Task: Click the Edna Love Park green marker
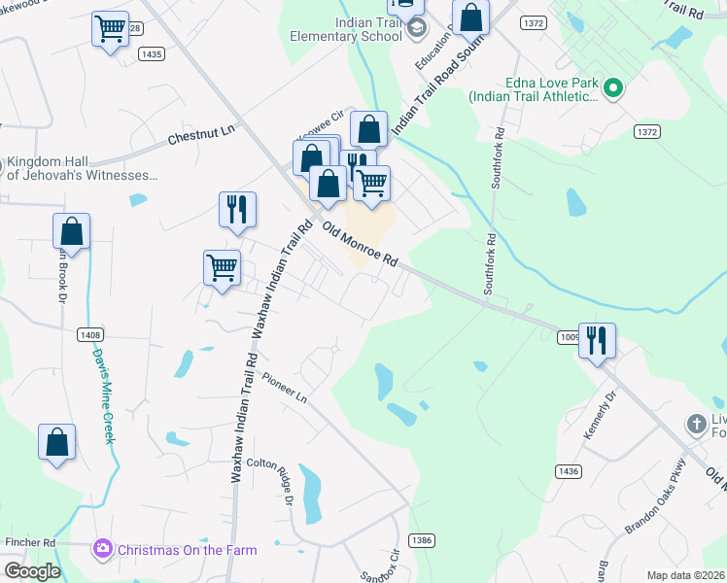point(612,89)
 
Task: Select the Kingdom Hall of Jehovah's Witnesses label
point(82,169)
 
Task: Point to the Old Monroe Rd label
point(361,246)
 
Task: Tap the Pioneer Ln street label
point(284,390)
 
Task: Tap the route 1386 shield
point(421,540)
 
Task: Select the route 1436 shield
point(569,470)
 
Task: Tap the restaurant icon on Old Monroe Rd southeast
point(597,340)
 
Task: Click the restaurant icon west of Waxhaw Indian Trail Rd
point(237,209)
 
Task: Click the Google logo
point(31,571)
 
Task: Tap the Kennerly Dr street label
point(600,415)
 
